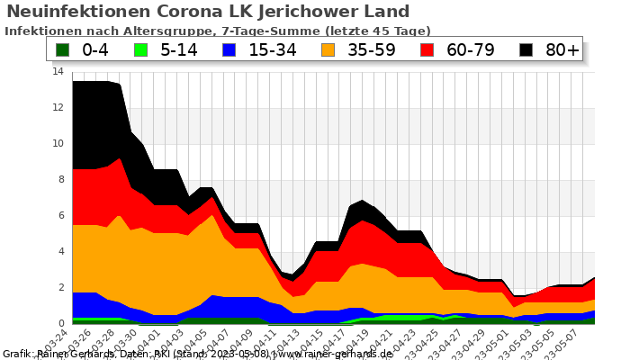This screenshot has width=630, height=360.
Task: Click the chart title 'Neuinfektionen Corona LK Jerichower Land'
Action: click(208, 12)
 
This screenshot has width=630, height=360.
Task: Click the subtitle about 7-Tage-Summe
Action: click(218, 31)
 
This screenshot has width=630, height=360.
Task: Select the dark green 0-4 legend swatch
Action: click(62, 49)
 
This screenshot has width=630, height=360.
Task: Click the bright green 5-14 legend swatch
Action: click(142, 49)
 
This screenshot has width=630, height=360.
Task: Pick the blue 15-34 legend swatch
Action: click(233, 49)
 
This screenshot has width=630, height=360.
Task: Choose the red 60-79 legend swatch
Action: click(433, 49)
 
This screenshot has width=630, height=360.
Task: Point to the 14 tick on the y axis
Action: click(58, 71)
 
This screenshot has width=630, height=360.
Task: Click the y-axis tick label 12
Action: click(58, 107)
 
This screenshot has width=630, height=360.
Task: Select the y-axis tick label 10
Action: click(58, 143)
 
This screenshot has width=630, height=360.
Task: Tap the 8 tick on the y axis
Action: click(60, 179)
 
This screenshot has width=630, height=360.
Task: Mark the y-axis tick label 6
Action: click(60, 215)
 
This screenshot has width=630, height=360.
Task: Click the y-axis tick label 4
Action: click(60, 251)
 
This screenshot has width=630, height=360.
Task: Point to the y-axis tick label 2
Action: click(60, 287)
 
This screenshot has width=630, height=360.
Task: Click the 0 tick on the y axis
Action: click(60, 323)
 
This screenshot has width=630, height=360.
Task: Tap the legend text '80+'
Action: click(562, 49)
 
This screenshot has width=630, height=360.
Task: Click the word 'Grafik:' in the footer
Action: click(19, 354)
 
